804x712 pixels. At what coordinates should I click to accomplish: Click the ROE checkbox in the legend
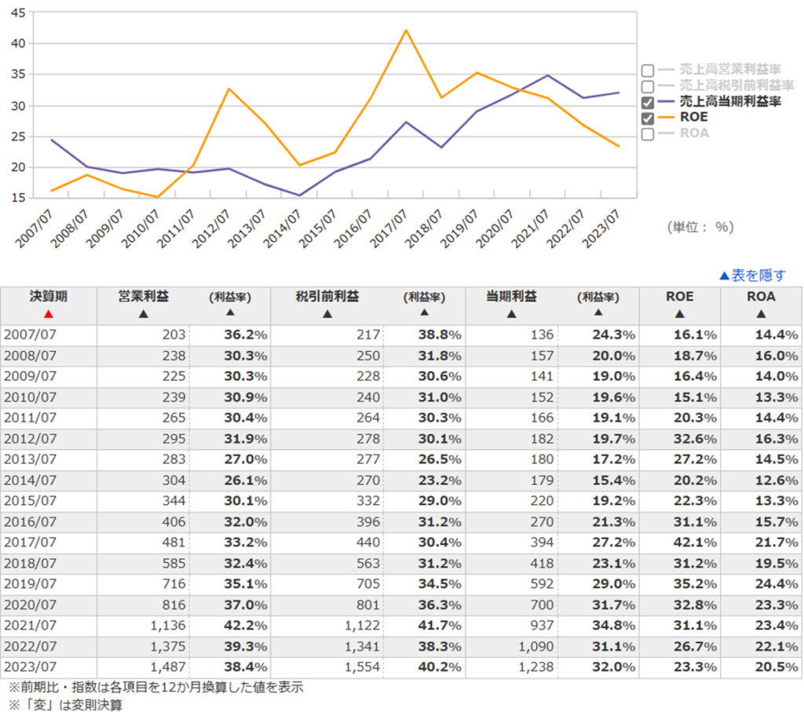tap(648, 118)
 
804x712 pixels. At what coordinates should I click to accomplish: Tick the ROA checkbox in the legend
tap(648, 133)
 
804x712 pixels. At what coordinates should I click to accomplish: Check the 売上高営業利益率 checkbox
tap(648, 70)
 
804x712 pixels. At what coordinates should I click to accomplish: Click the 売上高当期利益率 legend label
tap(730, 102)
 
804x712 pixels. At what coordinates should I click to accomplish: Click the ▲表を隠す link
tap(751, 276)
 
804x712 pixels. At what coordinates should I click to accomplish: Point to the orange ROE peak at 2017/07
tap(406, 31)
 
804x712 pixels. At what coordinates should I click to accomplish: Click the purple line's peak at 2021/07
tap(548, 75)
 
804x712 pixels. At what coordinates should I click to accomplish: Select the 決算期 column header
tap(49, 297)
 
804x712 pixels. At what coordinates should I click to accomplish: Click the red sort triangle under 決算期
tap(49, 314)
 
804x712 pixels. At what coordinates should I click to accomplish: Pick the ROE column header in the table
tap(680, 297)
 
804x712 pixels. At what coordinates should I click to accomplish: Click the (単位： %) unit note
tap(700, 227)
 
